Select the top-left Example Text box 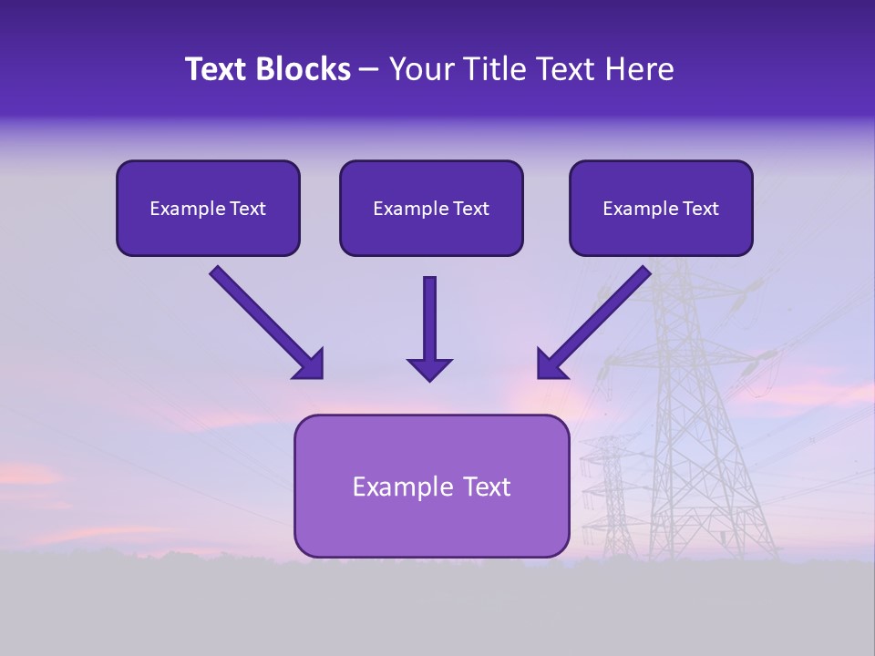[208, 208]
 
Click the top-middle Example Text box [431, 208]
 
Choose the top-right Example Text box [661, 208]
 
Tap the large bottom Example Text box [431, 486]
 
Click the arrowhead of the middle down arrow [429, 368]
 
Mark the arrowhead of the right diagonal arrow [550, 364]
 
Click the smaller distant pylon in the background [603, 492]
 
